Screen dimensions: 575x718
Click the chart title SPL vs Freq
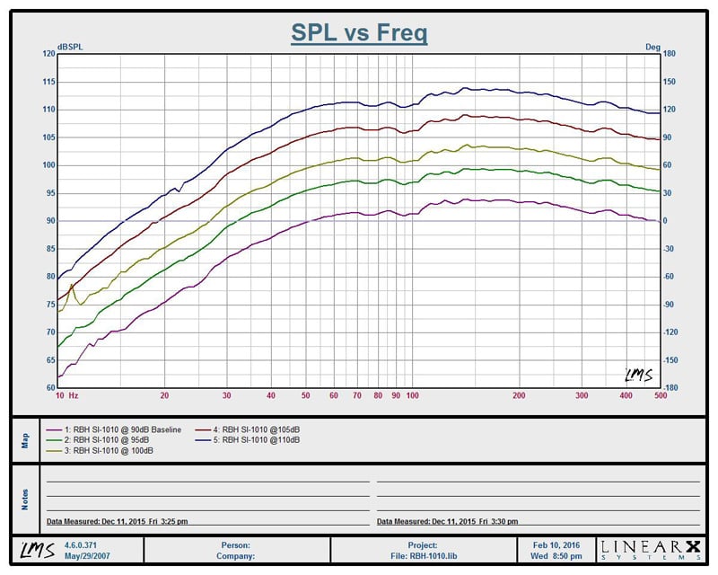pyautogui.click(x=359, y=33)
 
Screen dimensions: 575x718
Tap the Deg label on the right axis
pyautogui.click(x=652, y=46)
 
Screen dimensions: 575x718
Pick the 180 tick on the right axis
pyautogui.click(x=668, y=54)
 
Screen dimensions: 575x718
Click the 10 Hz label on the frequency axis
pyautogui.click(x=66, y=395)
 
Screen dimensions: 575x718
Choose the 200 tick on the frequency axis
pyautogui.click(x=519, y=395)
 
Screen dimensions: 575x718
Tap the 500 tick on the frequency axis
pyautogui.click(x=660, y=395)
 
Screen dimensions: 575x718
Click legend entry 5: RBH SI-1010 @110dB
pyautogui.click(x=257, y=439)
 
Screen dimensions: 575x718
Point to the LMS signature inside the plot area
pyautogui.click(x=638, y=374)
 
